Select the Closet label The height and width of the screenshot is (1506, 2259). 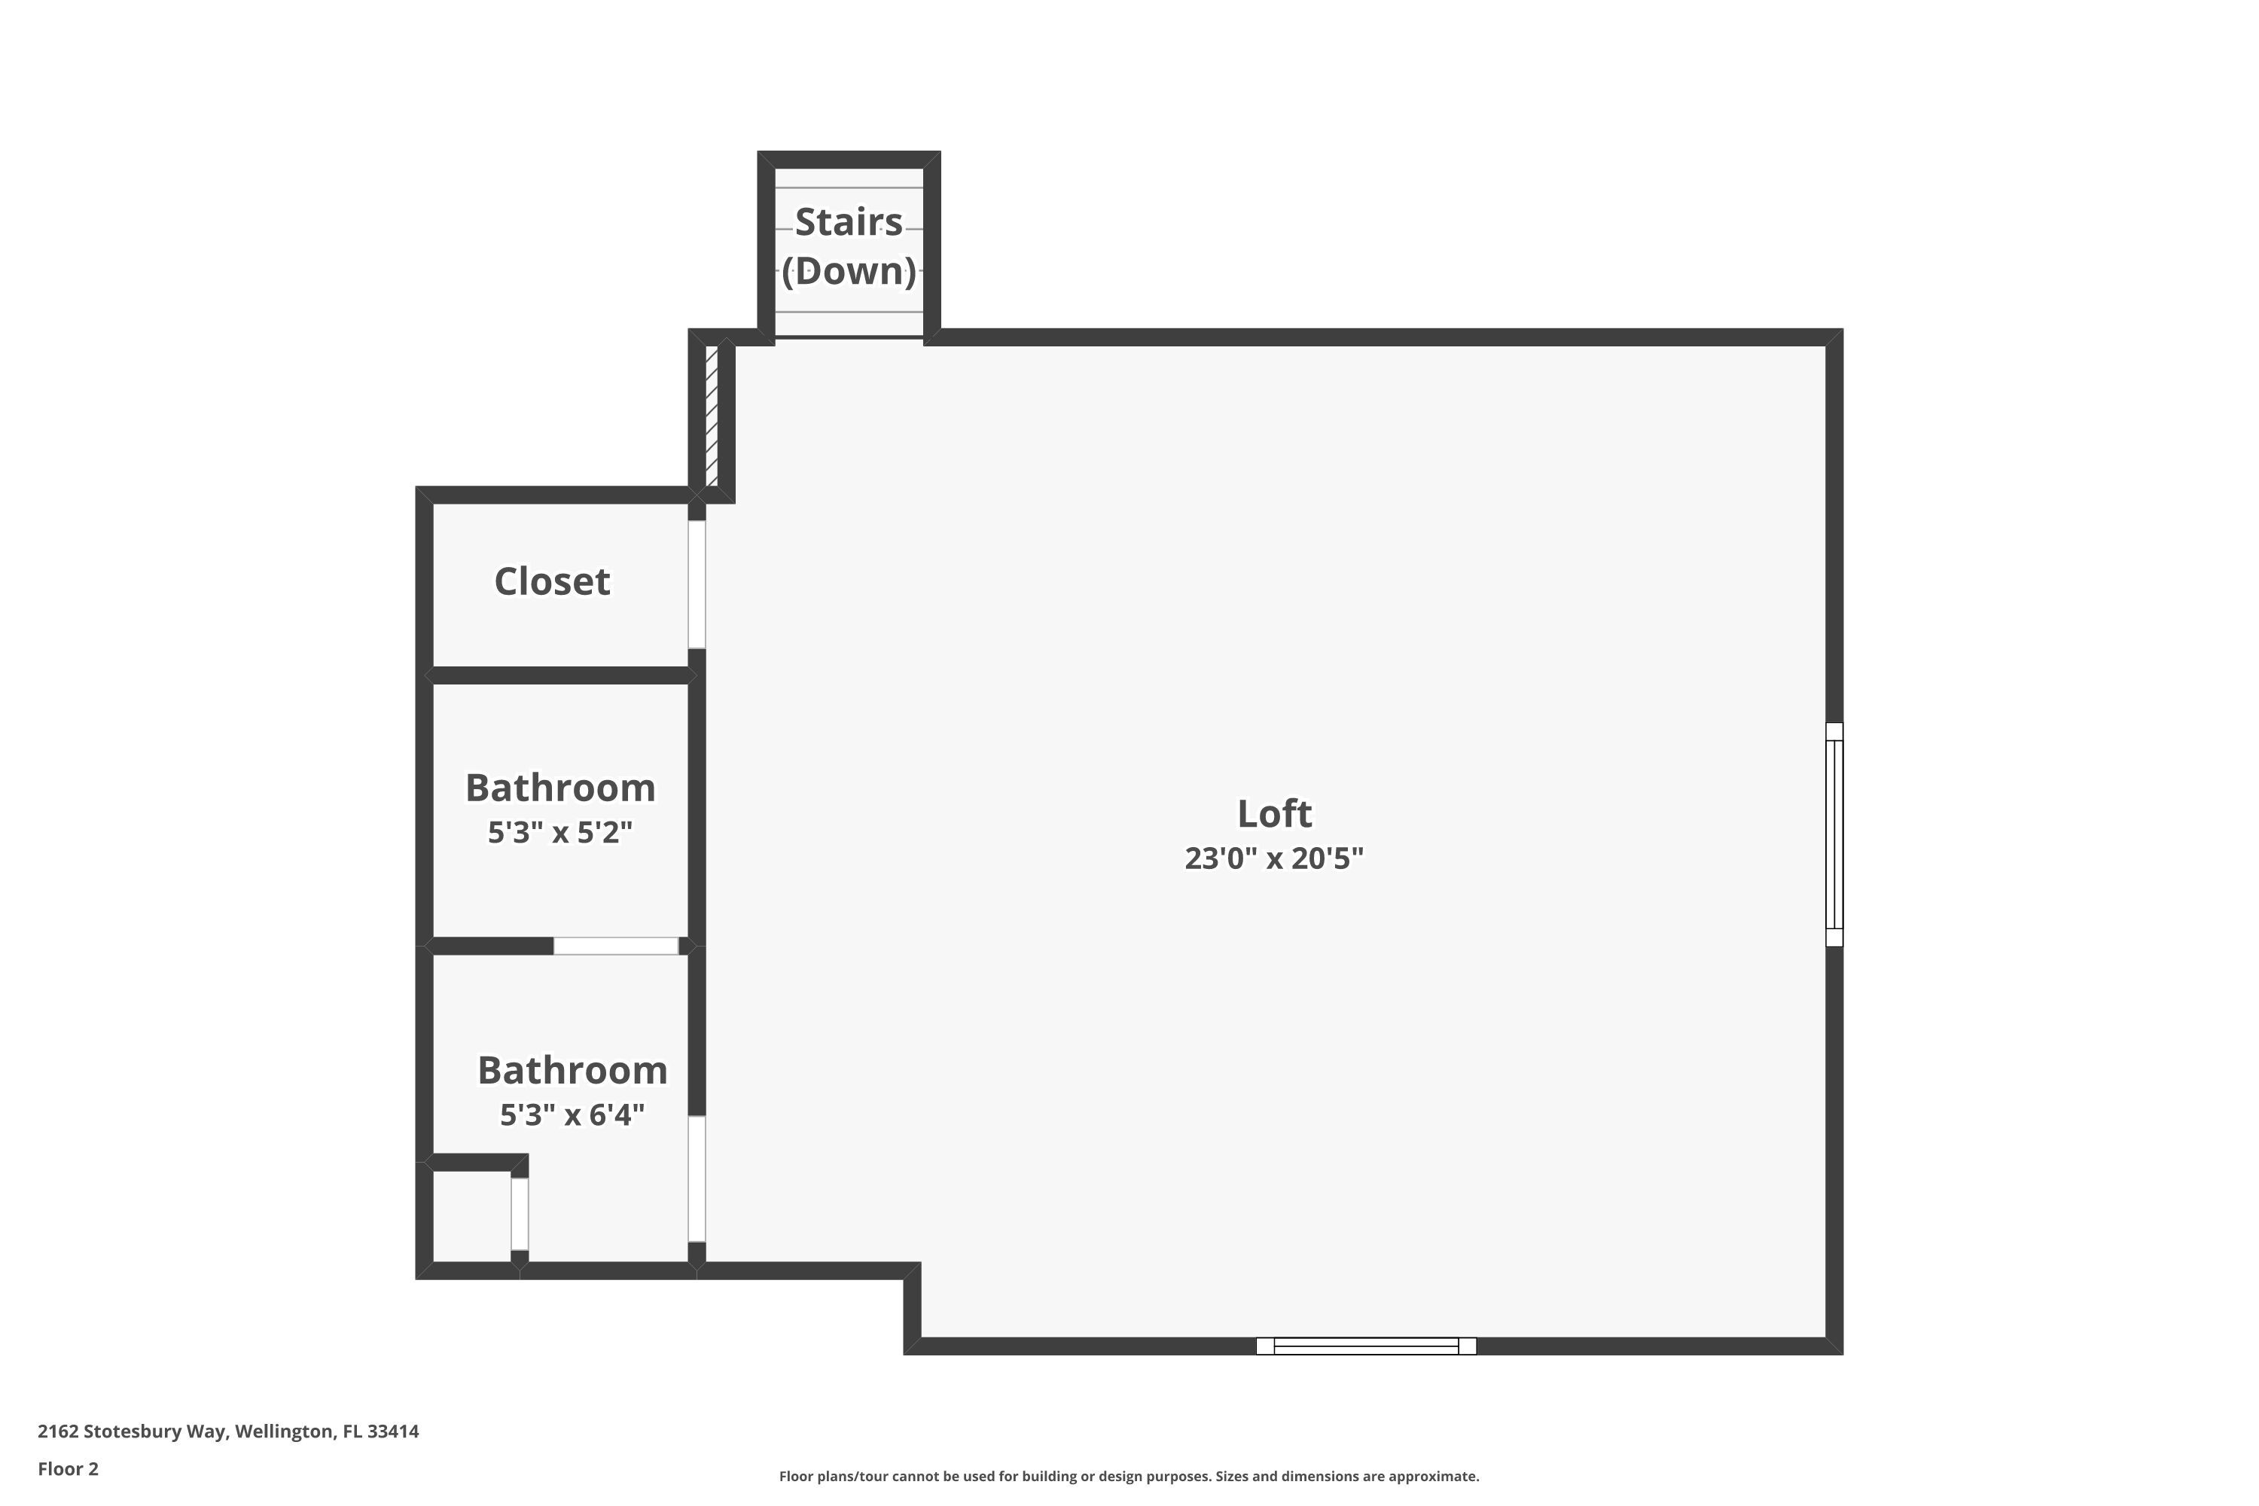click(551, 582)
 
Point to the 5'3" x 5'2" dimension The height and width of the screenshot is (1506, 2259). click(560, 832)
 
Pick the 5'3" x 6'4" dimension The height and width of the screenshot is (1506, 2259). click(572, 1114)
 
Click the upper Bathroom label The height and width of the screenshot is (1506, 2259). click(560, 788)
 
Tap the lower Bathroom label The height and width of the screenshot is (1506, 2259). click(572, 1070)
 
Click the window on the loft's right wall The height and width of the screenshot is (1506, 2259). click(1834, 834)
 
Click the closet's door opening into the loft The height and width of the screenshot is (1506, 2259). click(697, 584)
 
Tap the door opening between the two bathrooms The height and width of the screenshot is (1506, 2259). click(616, 946)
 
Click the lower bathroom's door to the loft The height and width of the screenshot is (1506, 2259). click(697, 1178)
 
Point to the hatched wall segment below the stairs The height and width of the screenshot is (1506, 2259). click(712, 416)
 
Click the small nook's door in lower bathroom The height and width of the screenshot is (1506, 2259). click(519, 1214)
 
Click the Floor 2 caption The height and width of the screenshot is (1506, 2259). click(67, 1468)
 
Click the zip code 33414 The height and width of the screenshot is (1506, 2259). click(393, 1431)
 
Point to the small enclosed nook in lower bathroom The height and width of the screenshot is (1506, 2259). click(471, 1216)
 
